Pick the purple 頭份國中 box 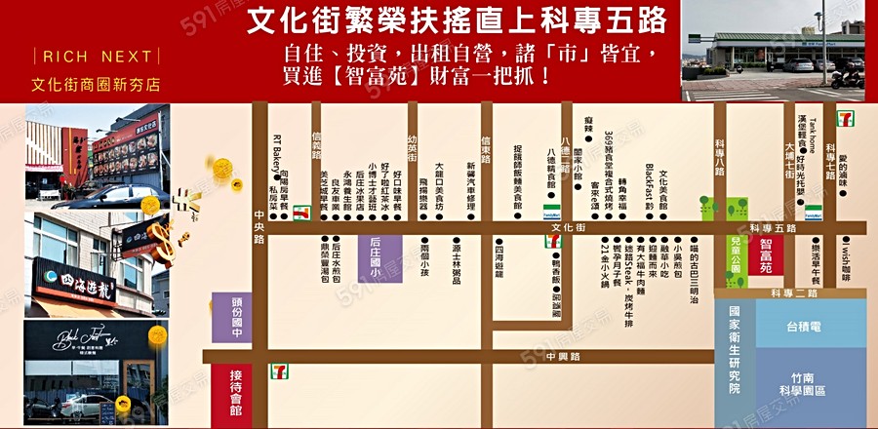231,317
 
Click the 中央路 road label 259,225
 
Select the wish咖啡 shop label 846,261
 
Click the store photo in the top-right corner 773,50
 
